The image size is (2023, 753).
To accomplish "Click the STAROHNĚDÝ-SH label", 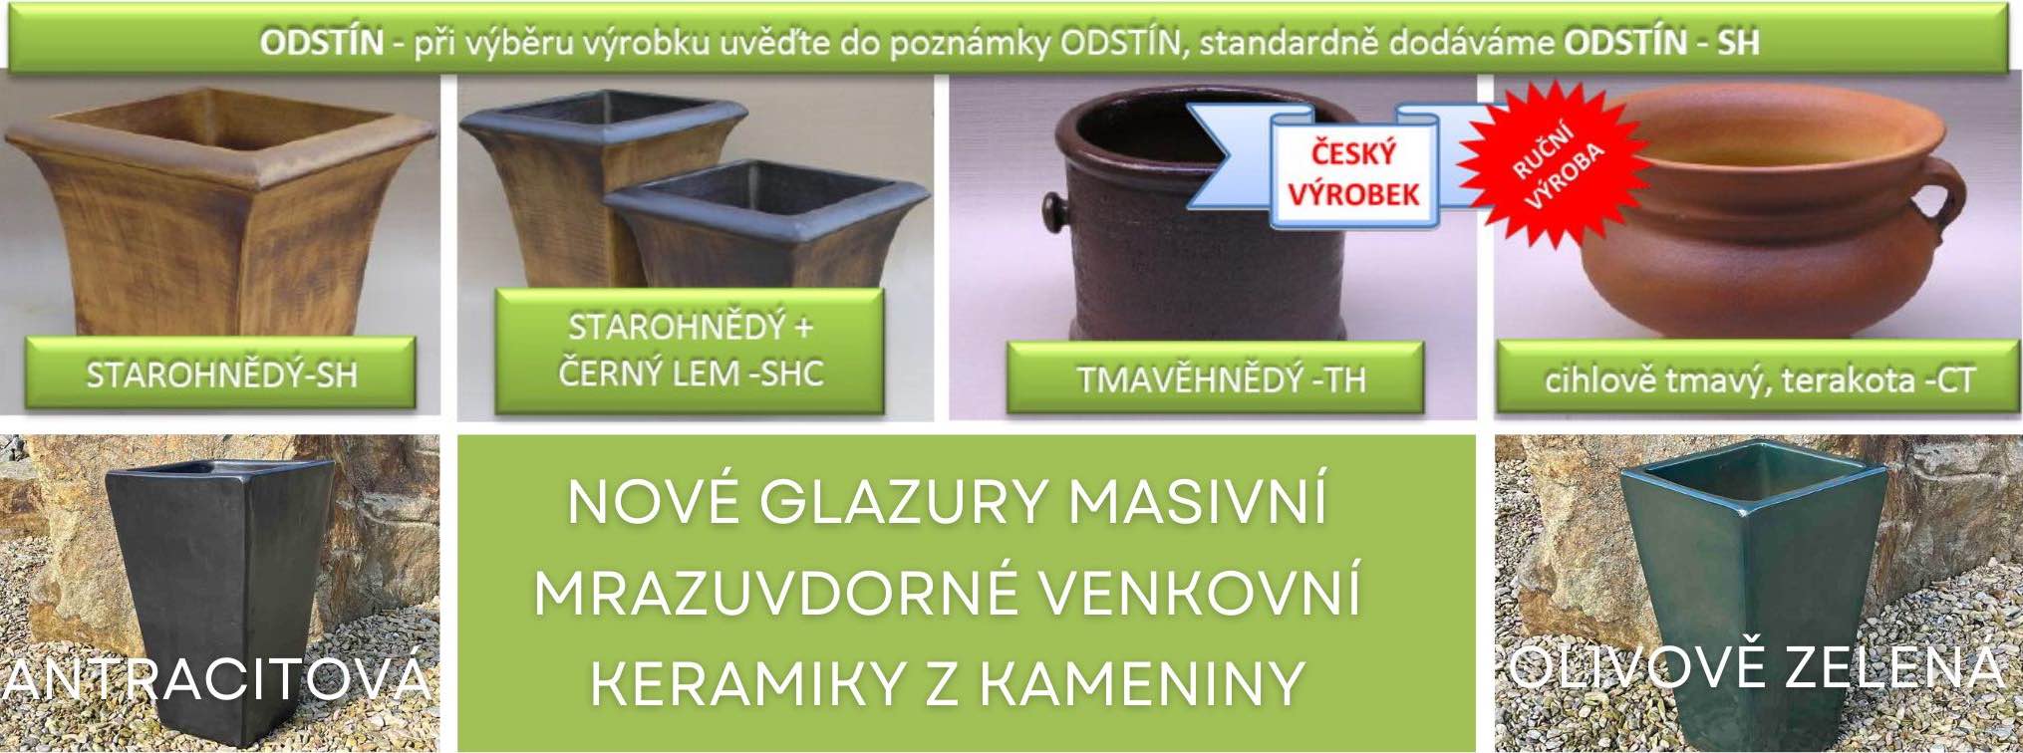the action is click(220, 374).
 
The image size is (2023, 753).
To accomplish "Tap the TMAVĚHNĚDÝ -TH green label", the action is click(1215, 377).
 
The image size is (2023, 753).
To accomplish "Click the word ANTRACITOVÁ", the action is click(216, 679).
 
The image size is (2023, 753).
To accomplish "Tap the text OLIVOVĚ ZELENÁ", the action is click(1755, 666).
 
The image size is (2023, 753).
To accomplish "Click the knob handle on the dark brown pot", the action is click(1054, 208).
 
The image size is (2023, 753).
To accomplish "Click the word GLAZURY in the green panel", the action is click(905, 500).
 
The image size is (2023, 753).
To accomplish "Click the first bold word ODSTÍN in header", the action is click(321, 42).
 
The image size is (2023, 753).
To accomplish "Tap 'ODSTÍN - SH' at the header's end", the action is click(1661, 42).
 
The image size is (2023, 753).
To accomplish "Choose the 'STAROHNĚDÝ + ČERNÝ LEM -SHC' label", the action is click(690, 350).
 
